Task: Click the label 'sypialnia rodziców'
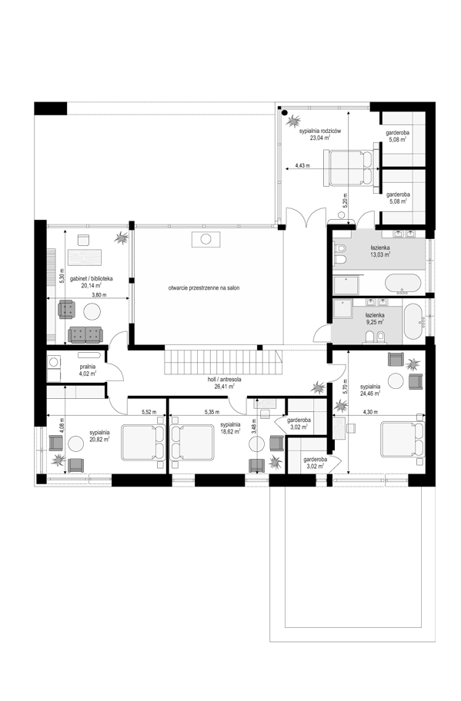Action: coord(320,131)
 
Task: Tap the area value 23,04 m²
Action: coord(320,138)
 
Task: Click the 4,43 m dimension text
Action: coord(302,165)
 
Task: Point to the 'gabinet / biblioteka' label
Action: coord(92,278)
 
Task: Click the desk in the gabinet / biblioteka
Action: coord(85,257)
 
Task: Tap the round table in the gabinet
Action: coord(92,311)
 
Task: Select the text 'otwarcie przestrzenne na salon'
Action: coord(204,288)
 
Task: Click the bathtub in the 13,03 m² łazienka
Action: coord(403,284)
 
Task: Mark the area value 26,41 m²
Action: coord(225,387)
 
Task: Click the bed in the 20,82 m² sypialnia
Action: coord(143,442)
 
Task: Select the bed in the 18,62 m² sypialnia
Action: coord(192,442)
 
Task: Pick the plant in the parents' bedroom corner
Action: coord(294,120)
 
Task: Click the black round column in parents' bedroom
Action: coord(285,113)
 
